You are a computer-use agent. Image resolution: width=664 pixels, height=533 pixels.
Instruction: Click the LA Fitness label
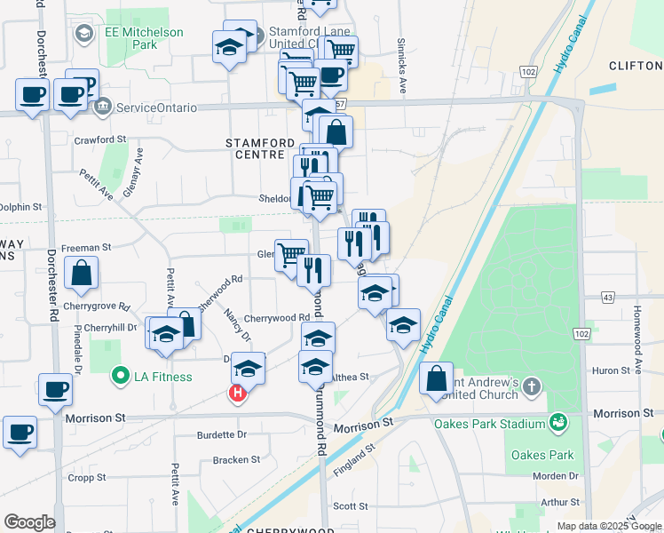[162, 377]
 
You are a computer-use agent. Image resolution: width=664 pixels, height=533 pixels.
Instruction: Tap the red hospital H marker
[237, 394]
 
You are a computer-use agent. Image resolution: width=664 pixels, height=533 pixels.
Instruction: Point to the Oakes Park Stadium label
[490, 423]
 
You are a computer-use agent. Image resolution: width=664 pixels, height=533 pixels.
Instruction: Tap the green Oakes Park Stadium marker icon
[558, 421]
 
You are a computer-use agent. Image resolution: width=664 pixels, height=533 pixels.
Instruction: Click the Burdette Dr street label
[222, 435]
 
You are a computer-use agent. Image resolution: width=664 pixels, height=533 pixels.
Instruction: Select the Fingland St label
[356, 463]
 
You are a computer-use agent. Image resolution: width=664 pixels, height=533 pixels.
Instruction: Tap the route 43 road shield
[608, 297]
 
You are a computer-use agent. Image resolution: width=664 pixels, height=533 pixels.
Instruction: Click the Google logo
[29, 522]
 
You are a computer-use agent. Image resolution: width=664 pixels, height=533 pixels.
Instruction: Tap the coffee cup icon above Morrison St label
[56, 388]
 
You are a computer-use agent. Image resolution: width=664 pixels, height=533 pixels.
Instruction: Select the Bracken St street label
[236, 460]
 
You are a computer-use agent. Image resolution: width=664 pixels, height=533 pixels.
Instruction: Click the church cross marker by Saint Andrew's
[531, 386]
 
